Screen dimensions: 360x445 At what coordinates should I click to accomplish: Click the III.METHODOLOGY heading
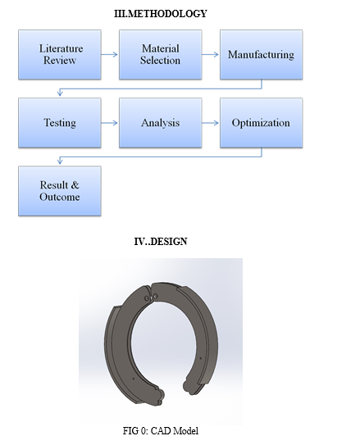click(x=161, y=14)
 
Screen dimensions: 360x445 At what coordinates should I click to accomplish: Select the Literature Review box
click(x=60, y=54)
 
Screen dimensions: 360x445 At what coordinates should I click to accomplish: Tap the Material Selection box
click(x=161, y=54)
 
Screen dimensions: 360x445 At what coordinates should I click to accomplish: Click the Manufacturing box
click(x=262, y=54)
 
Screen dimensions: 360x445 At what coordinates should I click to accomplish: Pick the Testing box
click(x=60, y=123)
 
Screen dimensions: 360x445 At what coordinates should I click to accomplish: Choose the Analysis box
click(x=161, y=123)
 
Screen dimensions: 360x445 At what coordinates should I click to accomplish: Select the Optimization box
click(x=262, y=123)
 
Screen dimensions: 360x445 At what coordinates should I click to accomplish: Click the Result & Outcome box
click(x=60, y=191)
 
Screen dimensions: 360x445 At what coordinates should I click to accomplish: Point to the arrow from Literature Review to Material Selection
click(x=109, y=54)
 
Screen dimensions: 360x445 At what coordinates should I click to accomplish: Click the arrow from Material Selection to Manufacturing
click(x=211, y=54)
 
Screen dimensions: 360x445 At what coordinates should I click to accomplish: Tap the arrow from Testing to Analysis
click(x=109, y=123)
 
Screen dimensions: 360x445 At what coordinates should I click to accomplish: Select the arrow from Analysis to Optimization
click(x=211, y=123)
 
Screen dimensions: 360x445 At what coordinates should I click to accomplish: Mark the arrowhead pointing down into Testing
click(x=60, y=93)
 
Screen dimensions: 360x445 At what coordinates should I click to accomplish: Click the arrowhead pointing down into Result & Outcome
click(x=60, y=161)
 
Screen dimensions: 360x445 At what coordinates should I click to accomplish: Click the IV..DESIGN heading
click(x=161, y=242)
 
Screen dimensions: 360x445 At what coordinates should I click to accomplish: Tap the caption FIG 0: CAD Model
click(x=161, y=431)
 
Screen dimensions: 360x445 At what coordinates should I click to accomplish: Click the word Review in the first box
click(x=60, y=61)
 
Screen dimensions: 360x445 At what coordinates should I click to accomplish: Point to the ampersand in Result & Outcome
click(x=75, y=185)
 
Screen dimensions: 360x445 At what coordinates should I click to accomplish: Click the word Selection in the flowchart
click(x=161, y=61)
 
